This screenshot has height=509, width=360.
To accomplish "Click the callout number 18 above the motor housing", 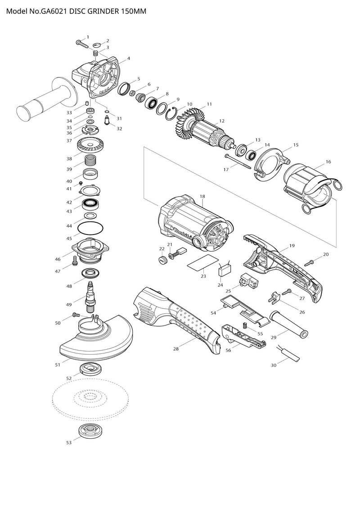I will pos(202,197).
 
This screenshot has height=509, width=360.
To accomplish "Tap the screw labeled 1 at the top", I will pos(81,44).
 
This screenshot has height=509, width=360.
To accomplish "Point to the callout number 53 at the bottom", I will pos(69,443).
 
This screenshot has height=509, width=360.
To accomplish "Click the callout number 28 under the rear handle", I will pos(176,349).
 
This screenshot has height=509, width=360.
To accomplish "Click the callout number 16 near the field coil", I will pos(328,162).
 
